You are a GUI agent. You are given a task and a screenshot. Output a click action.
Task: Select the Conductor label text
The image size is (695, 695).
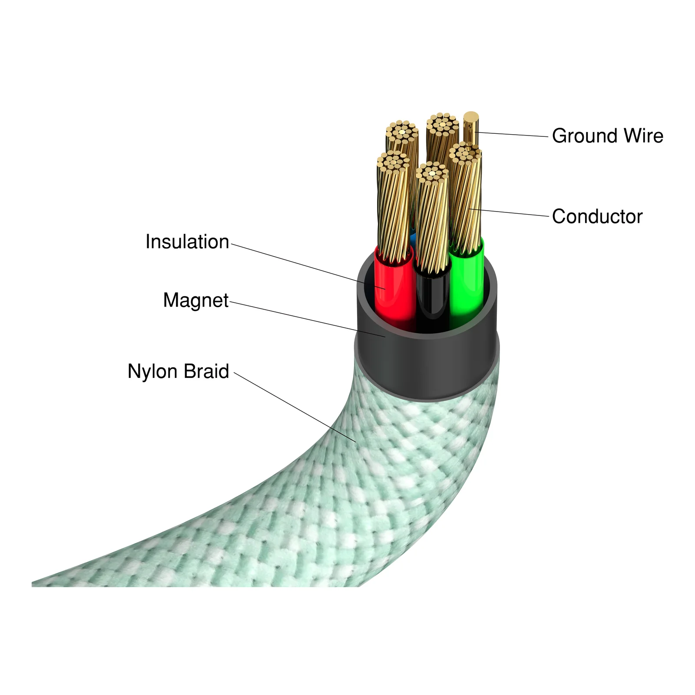(x=597, y=216)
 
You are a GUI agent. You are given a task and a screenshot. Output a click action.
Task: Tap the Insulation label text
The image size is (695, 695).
(x=187, y=242)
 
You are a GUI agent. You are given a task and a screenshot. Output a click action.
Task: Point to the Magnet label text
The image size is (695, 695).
(x=196, y=300)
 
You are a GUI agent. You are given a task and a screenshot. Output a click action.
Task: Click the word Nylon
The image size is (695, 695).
(x=152, y=372)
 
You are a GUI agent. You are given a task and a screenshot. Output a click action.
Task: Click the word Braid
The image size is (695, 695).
(x=206, y=371)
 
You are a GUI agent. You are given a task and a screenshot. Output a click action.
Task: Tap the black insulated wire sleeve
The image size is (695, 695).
(x=432, y=300)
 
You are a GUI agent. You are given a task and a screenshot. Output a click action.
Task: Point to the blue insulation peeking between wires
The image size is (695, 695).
(x=413, y=238)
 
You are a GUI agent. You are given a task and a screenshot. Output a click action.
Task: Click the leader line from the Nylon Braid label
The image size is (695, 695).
(x=295, y=407)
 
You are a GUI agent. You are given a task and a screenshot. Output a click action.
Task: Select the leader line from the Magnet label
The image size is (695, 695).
(x=308, y=319)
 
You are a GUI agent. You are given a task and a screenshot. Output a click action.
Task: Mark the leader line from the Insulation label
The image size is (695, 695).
(x=308, y=266)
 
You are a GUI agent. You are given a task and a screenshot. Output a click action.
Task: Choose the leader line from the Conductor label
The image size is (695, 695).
(x=509, y=212)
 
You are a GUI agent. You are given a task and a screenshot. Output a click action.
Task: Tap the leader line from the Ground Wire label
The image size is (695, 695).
(x=512, y=134)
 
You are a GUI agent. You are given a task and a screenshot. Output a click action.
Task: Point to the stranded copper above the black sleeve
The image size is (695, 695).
(x=432, y=217)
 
